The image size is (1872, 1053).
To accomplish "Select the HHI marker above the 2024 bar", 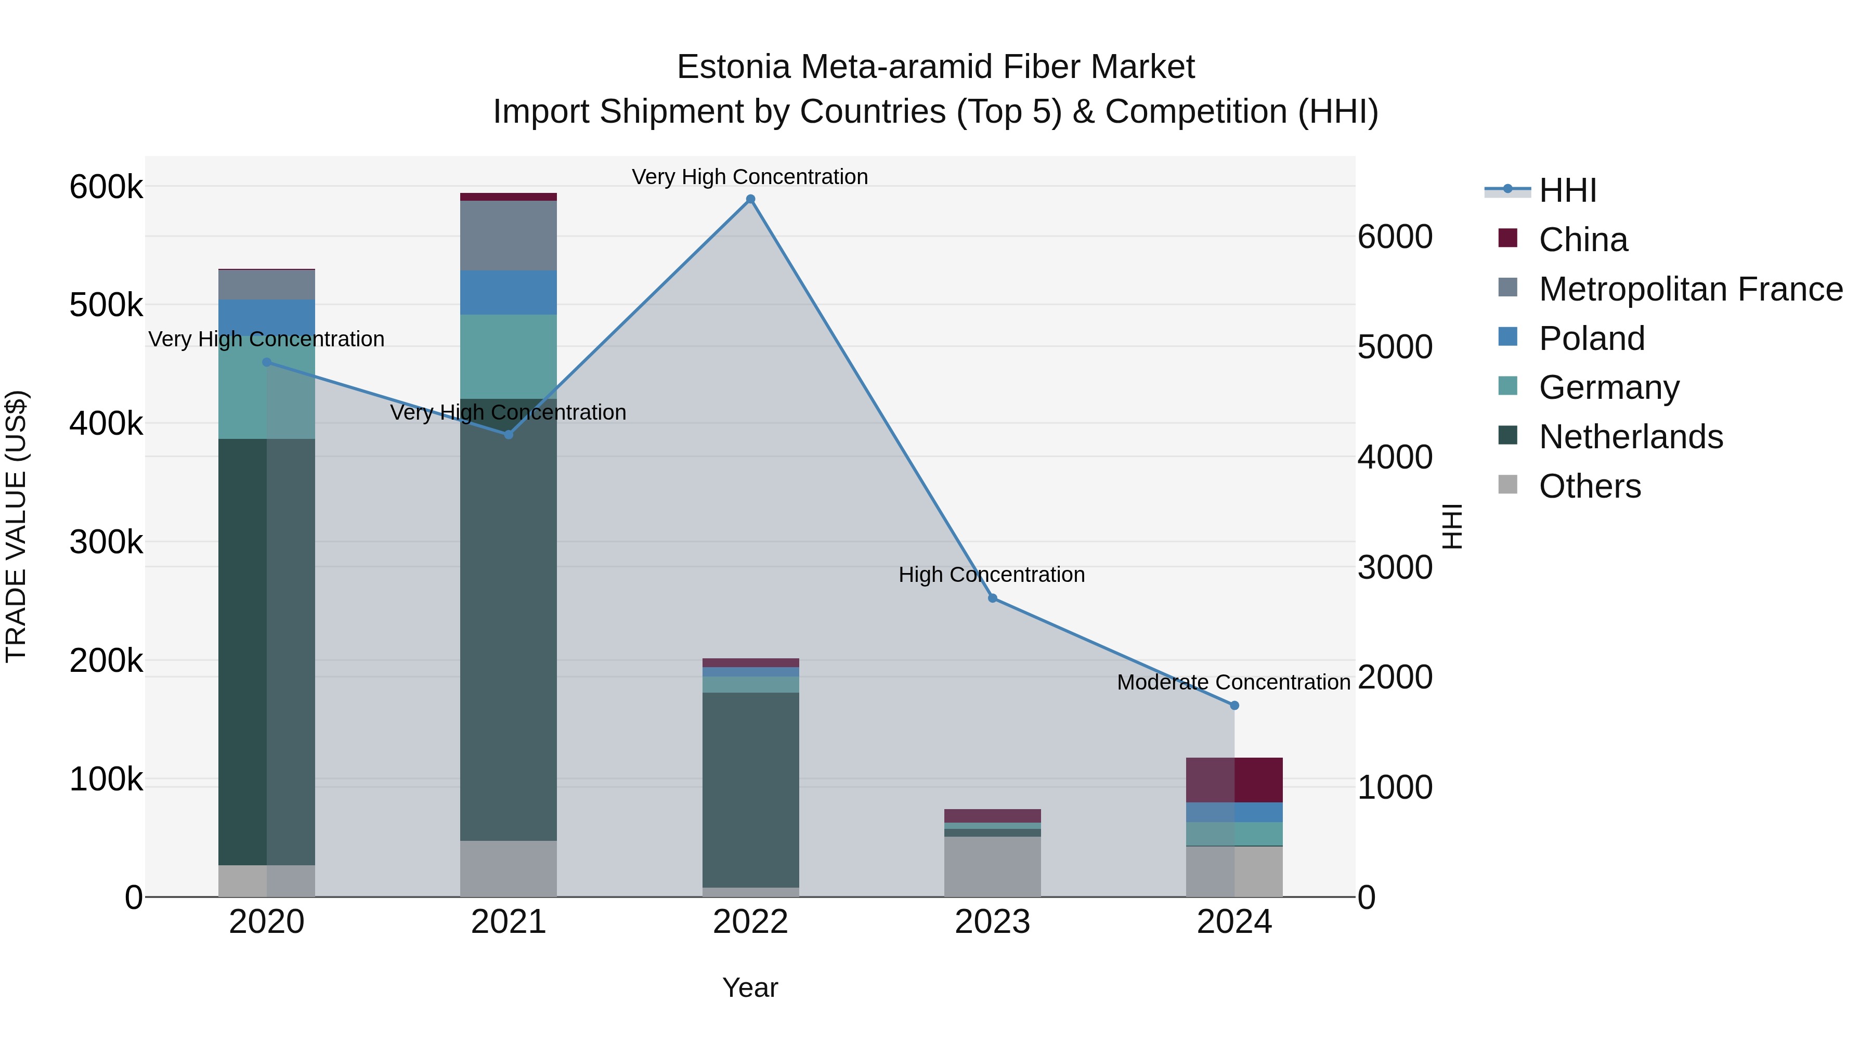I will pos(1234,706).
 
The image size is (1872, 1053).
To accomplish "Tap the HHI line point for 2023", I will pos(993,598).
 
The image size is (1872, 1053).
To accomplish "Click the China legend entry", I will pos(1583,240).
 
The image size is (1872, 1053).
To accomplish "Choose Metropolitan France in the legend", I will pos(1691,289).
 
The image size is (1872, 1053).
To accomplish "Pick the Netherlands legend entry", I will pos(1630,437).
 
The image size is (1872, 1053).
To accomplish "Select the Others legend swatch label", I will pos(1589,486).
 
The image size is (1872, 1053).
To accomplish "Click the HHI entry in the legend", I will pos(1567,190).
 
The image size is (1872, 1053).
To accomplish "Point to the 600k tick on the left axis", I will pos(106,187).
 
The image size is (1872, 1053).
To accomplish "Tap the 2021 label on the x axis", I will pos(508,922).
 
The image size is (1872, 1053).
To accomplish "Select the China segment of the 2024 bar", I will pos(1234,780).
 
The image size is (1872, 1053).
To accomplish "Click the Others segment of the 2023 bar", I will pos(993,866).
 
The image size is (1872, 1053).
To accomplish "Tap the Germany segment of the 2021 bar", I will pos(508,356).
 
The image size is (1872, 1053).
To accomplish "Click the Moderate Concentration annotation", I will pos(1233,682).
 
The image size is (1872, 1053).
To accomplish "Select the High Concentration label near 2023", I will pos(991,575).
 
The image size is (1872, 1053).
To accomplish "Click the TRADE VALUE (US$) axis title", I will pos(16,526).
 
